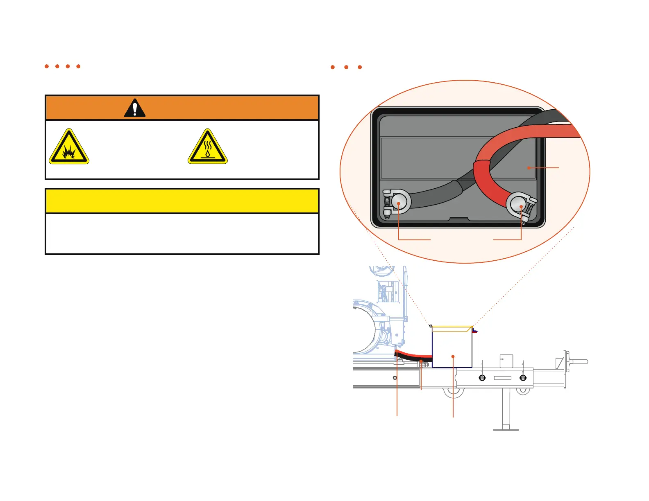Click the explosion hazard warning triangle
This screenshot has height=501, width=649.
coord(69,147)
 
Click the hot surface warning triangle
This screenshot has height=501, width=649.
coord(208,147)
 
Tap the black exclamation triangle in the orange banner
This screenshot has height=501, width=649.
coord(135,108)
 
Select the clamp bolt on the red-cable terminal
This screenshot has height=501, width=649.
coord(530,209)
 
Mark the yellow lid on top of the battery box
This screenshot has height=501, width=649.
coord(452,327)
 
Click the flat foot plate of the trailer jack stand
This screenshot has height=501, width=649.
coord(506,429)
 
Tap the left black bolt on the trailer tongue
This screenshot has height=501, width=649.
coord(482,378)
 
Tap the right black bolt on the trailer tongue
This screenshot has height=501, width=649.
coord(523,378)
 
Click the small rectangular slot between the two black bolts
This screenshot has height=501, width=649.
coord(503,378)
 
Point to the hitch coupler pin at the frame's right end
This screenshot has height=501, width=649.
coord(578,361)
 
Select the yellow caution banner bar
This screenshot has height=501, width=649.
coord(182,201)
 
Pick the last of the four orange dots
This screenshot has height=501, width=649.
coord(78,66)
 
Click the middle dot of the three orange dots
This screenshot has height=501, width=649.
coord(346,67)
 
